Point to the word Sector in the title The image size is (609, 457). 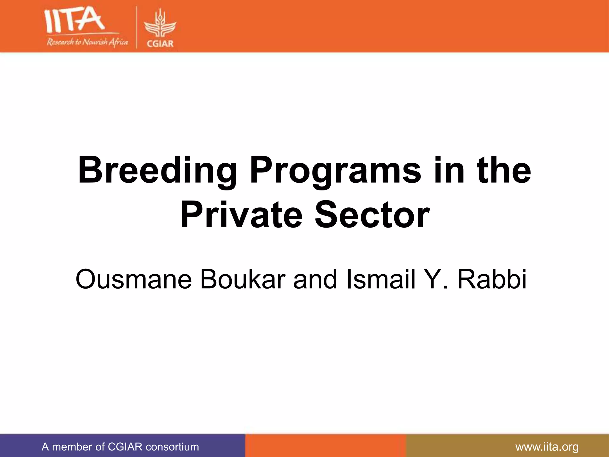click(372, 215)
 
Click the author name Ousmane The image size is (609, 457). click(134, 280)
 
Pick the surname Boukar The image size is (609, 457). click(243, 280)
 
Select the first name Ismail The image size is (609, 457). click(381, 280)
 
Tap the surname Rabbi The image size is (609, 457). click(492, 280)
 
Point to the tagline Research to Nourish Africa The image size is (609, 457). click(87, 42)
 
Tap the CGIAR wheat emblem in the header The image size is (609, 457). click(160, 25)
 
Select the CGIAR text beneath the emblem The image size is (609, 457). click(160, 44)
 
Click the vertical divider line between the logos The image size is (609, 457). click(137, 27)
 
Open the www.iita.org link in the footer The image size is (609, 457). click(547, 447)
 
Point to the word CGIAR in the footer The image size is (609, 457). click(125, 447)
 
